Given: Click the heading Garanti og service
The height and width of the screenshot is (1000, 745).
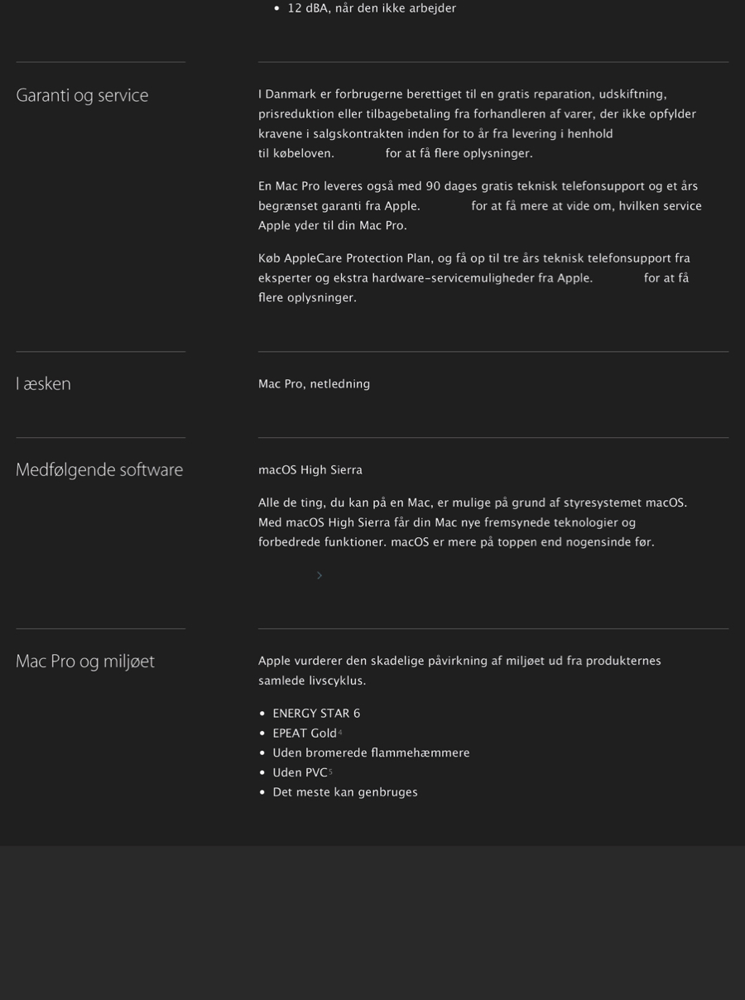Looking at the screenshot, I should (82, 95).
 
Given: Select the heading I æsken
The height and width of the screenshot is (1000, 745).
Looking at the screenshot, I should (43, 383).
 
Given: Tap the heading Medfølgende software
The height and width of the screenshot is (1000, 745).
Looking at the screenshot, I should (99, 469).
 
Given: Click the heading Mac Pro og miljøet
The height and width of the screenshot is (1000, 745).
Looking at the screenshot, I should (85, 661).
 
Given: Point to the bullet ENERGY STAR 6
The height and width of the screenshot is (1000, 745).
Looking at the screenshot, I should (316, 714).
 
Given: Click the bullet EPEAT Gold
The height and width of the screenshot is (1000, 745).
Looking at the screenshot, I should (305, 733).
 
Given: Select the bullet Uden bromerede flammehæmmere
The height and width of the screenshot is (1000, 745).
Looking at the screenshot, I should (371, 752).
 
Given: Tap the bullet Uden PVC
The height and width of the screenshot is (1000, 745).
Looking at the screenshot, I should (300, 772).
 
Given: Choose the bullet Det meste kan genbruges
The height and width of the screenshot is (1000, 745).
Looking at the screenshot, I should (345, 792).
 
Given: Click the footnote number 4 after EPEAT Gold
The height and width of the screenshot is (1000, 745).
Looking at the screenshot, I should (340, 732).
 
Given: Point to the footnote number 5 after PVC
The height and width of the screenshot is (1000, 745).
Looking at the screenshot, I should (330, 772).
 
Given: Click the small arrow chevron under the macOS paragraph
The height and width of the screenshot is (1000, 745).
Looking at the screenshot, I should (320, 575).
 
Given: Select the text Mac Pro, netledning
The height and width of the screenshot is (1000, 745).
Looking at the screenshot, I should (314, 384).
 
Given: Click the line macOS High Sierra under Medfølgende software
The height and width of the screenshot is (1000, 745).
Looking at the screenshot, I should (310, 470).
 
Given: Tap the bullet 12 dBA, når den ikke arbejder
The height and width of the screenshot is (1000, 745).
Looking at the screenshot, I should (372, 8).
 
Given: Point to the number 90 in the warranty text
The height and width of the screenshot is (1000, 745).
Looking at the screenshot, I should (433, 186).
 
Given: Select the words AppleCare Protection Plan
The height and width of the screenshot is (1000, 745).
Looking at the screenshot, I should (344, 258).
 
